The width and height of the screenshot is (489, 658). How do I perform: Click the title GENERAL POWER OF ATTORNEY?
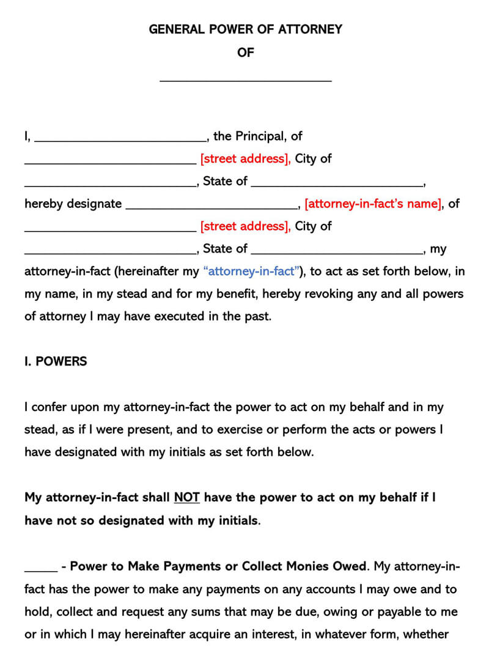click(245, 29)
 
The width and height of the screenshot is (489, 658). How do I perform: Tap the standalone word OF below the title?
click(245, 53)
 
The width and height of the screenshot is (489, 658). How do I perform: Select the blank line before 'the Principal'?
click(120, 139)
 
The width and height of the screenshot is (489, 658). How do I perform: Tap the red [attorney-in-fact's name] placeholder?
click(373, 204)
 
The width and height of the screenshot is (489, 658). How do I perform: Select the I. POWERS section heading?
click(56, 361)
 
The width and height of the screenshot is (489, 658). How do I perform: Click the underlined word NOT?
click(187, 497)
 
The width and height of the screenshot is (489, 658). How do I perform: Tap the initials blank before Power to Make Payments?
click(40, 569)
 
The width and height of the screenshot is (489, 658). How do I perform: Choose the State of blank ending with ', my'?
click(337, 252)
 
